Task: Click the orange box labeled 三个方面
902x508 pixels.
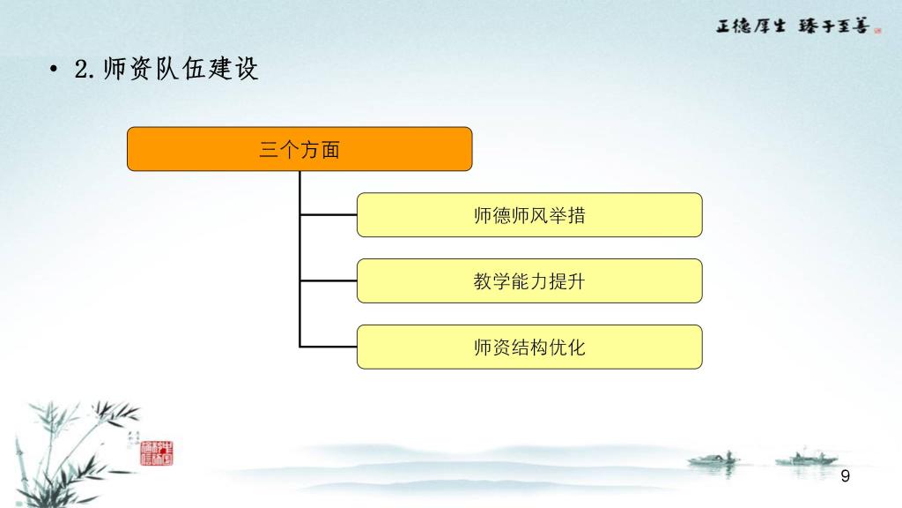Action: click(x=299, y=149)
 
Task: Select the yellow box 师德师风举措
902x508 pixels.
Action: click(x=529, y=215)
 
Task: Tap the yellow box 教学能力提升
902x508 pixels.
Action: click(x=529, y=281)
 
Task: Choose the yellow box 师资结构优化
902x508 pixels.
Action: click(x=529, y=347)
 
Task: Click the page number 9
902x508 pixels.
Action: click(x=845, y=475)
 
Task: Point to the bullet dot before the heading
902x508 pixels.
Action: click(x=54, y=70)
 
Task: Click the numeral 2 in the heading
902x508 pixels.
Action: click(x=82, y=70)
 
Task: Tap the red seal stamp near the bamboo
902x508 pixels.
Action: click(x=157, y=453)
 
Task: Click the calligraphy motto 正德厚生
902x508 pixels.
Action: click(x=750, y=26)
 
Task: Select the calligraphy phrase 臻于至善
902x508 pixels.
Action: click(x=833, y=26)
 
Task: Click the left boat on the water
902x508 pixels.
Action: click(x=713, y=459)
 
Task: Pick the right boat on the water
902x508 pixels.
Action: click(x=806, y=459)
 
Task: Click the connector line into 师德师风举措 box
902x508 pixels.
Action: click(x=329, y=215)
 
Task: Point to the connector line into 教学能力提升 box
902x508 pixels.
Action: click(x=329, y=281)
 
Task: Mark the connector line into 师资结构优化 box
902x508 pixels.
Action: click(x=329, y=347)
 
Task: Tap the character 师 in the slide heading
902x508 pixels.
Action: click(x=115, y=69)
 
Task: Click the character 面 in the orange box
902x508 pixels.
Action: click(x=331, y=150)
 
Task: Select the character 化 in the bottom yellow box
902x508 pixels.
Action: click(x=576, y=347)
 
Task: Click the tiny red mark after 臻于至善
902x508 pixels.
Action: click(x=877, y=31)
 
